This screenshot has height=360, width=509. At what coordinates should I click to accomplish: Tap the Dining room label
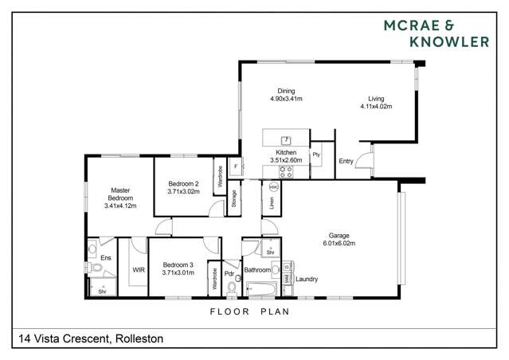pos(286,91)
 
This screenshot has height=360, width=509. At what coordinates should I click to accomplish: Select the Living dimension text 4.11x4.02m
pos(377,106)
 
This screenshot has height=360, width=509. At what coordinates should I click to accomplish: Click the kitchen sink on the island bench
pos(284,139)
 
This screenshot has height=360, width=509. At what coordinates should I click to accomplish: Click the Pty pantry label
pos(315,154)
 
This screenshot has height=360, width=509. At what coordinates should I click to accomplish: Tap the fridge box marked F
pos(235,166)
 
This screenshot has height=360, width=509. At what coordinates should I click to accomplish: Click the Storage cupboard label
pos(233,197)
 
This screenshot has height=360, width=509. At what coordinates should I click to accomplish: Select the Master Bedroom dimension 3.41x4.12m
pos(120,205)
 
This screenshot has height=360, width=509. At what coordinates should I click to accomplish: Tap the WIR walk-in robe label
pos(137,270)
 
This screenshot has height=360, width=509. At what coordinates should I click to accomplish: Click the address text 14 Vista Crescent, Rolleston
pos(88,338)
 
